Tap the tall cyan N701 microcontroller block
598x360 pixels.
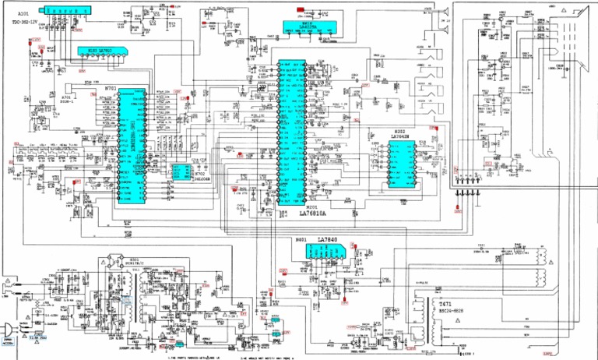122,144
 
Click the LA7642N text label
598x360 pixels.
400,136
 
